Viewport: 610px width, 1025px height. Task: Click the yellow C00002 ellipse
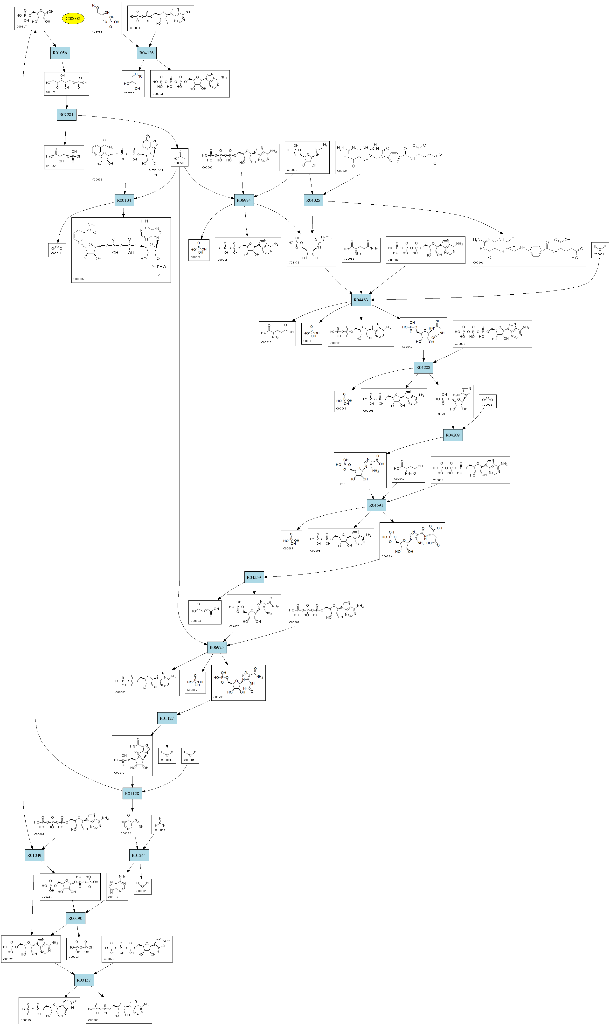(73, 19)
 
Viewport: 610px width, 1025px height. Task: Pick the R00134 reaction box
(124, 201)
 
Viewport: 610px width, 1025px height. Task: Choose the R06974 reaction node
(244, 201)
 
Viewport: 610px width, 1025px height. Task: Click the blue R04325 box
(313, 201)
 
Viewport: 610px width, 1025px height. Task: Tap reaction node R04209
(453, 435)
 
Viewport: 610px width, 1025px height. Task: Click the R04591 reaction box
(376, 505)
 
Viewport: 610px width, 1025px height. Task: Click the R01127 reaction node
(167, 718)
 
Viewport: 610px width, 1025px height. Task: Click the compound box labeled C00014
(160, 824)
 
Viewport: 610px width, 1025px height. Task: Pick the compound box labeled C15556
(64, 157)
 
